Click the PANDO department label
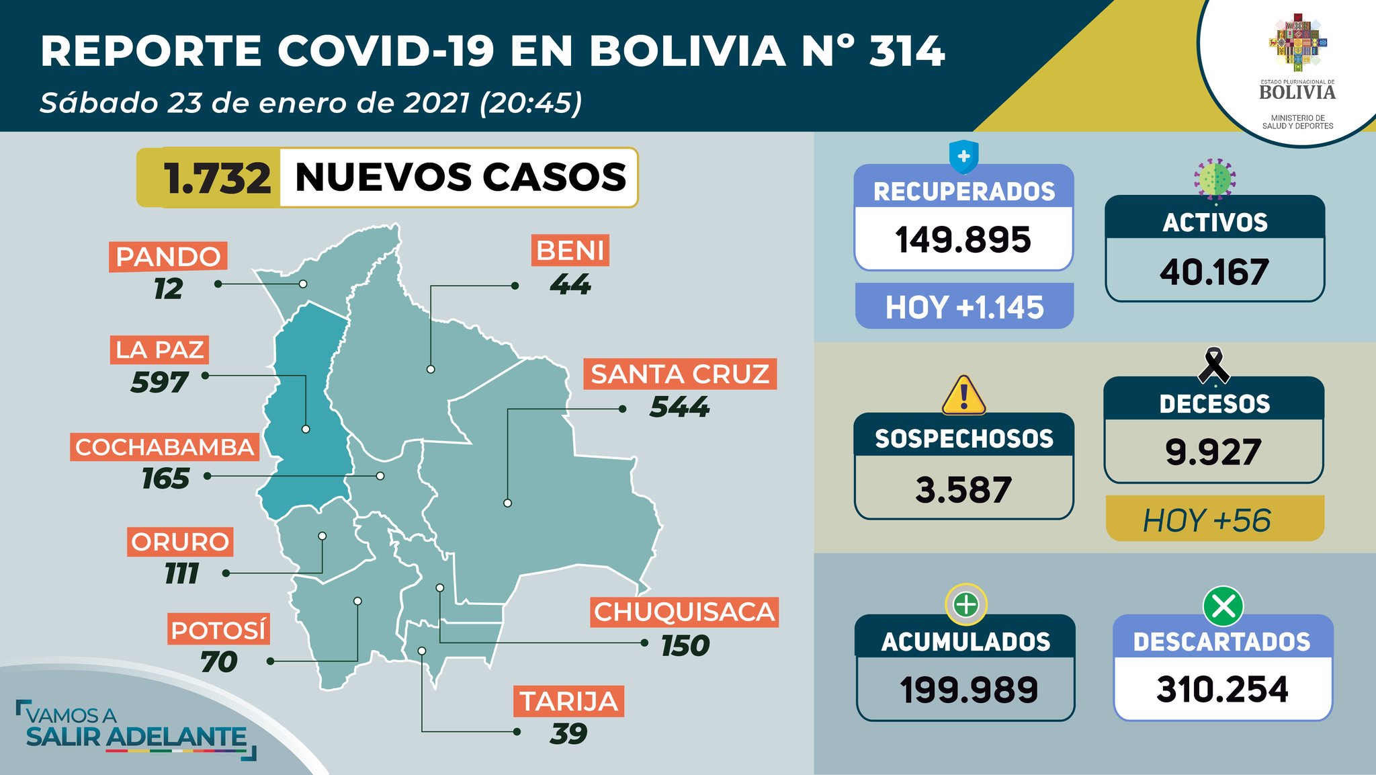168,257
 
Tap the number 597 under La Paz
159,382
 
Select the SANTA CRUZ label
680,374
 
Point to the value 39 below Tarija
568,733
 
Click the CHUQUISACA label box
684,612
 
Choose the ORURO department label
180,542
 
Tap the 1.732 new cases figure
216,178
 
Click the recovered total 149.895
963,239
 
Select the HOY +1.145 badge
964,307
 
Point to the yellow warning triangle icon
963,395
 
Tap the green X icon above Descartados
1223,606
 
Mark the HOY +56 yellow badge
1213,520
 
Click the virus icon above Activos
1215,179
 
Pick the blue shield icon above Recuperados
963,157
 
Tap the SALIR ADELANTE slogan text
136,737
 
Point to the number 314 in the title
907,51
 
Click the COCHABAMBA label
165,447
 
